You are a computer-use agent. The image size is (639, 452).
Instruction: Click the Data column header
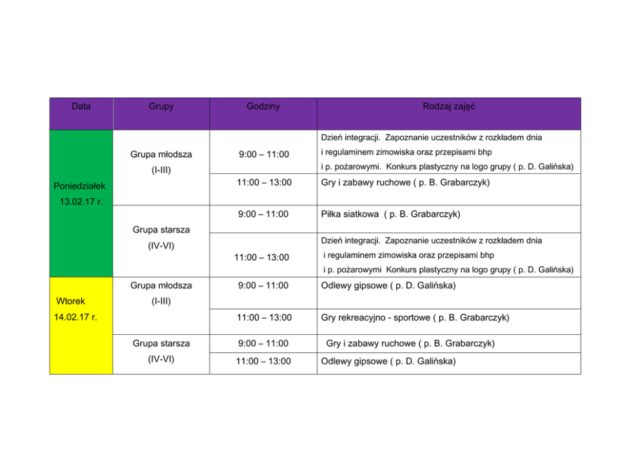(81, 106)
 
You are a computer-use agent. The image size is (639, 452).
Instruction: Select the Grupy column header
(161, 106)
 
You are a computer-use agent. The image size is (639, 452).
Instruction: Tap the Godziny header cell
(263, 106)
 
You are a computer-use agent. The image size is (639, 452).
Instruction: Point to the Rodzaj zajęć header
(448, 106)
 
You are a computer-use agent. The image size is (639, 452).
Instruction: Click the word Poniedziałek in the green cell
(80, 186)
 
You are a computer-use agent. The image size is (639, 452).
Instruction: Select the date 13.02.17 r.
(81, 202)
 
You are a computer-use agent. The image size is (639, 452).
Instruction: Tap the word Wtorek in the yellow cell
(70, 301)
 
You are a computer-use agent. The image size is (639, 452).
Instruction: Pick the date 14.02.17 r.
(76, 317)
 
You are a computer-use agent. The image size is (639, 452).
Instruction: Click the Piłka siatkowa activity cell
(390, 214)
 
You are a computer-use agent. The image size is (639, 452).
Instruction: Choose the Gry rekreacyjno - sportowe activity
(415, 317)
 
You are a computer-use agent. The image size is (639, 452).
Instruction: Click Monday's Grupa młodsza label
(161, 155)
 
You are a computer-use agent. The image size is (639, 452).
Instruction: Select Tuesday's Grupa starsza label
(161, 343)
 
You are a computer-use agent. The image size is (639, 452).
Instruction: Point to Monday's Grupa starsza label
(161, 229)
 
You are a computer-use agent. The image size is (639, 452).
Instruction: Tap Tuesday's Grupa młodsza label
(161, 285)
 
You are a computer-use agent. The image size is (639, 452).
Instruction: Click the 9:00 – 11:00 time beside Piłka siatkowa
(263, 214)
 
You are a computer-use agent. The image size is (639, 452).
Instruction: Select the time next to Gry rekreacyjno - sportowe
(263, 317)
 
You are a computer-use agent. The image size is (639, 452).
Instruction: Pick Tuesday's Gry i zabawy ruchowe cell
(410, 343)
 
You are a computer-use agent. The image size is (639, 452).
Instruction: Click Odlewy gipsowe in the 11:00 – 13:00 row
(388, 361)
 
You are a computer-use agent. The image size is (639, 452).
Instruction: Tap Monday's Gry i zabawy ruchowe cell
(405, 182)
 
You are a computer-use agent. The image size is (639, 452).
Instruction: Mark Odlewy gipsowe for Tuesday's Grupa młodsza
(388, 285)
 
